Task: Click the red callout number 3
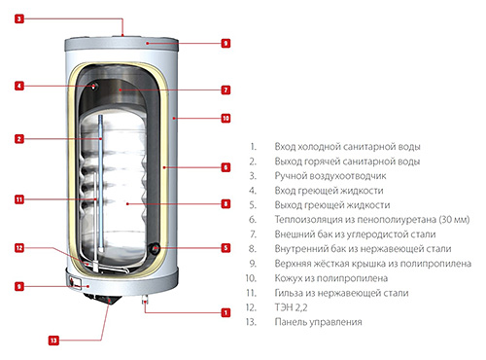[19, 18]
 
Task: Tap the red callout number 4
[19, 86]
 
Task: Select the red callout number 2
[19, 139]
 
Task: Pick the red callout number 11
[19, 199]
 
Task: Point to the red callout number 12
[19, 248]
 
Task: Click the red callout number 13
[53, 341]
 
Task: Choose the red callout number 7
[226, 90]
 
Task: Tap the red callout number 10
[226, 118]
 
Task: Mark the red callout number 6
[226, 167]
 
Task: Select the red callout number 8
[226, 203]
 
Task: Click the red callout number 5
[226, 248]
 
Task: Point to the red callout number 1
[226, 312]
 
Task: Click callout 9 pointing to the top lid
[226, 43]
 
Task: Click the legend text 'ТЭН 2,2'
[291, 307]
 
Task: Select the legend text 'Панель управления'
[318, 322]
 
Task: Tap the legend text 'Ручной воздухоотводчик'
[330, 176]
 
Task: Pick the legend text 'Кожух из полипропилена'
[331, 278]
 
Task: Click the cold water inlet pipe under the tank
[145, 300]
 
